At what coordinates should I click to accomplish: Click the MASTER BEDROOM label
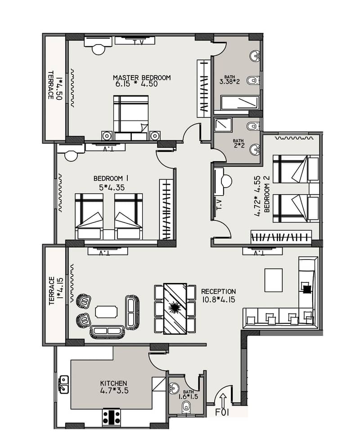[x=142, y=77]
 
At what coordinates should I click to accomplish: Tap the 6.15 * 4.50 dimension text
[x=136, y=84]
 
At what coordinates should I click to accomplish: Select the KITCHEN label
[x=113, y=383]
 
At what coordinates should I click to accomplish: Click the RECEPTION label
[x=218, y=291]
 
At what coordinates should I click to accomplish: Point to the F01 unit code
[x=222, y=412]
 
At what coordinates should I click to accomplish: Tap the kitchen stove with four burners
[x=111, y=417]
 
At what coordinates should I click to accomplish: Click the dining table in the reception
[x=175, y=309]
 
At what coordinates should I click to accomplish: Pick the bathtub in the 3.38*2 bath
[x=240, y=103]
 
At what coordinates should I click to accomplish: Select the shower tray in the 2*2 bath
[x=223, y=125]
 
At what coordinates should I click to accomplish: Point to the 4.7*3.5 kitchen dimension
[x=114, y=391]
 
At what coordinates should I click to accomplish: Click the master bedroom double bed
[x=131, y=118]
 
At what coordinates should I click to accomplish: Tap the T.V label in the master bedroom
[x=138, y=43]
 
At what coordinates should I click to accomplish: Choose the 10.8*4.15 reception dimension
[x=219, y=300]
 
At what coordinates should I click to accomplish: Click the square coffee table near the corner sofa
[x=274, y=280]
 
